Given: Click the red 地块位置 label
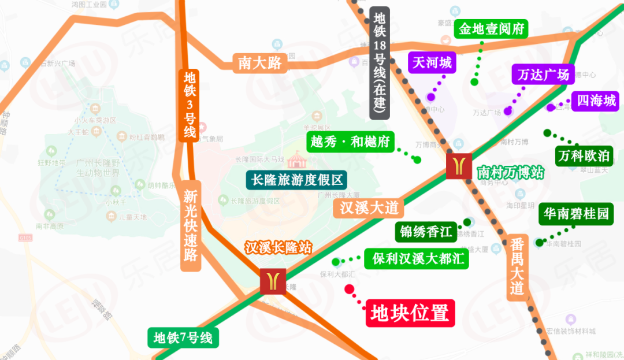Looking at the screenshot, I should click(410, 314).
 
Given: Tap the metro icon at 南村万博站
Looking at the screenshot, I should click(459, 166).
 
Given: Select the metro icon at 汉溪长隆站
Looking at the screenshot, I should click(273, 281).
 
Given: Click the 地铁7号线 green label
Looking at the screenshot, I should click(183, 337).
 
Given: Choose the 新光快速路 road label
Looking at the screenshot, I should click(191, 226).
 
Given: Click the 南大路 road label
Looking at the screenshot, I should click(260, 62).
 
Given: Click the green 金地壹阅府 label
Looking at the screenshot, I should click(491, 28).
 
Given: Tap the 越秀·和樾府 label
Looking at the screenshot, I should click(350, 142).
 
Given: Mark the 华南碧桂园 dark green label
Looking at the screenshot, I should click(575, 214).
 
